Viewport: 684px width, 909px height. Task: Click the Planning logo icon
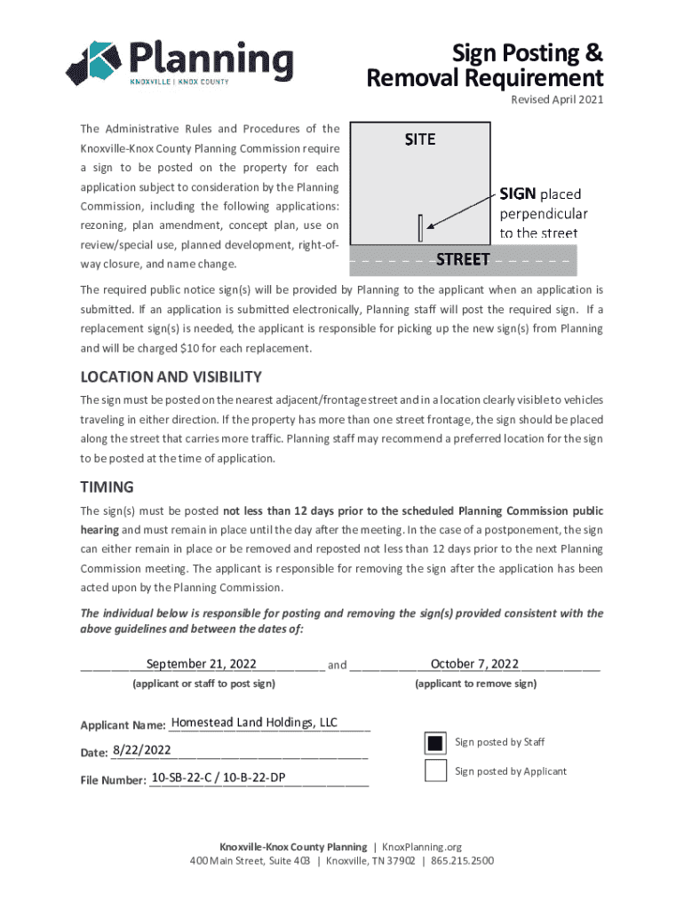[93, 63]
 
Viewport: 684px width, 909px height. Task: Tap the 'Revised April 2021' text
[557, 99]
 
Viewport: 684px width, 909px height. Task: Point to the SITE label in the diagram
[420, 139]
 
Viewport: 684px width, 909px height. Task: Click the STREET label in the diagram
[463, 259]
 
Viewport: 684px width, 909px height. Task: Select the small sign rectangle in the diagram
[420, 228]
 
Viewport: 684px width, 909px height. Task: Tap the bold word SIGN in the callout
[518, 194]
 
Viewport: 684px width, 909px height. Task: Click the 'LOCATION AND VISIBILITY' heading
[171, 376]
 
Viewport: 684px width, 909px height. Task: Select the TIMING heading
[107, 486]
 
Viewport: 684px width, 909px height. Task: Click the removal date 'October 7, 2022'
[474, 664]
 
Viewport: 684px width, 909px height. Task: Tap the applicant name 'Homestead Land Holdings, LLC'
[254, 723]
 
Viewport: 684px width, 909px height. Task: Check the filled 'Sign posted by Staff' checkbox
[435, 743]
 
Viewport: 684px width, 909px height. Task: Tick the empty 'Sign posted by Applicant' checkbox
[435, 771]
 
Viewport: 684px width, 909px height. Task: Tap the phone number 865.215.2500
[462, 861]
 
